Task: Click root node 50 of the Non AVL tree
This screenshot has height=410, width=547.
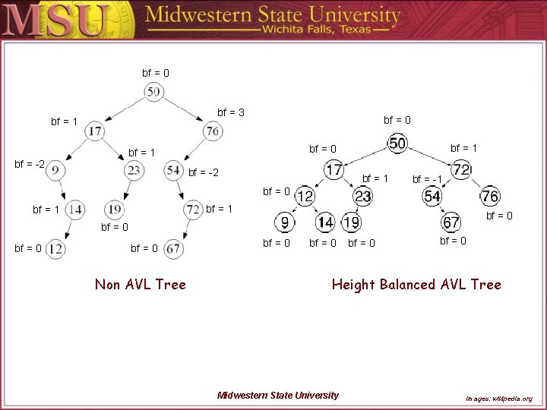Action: click(153, 92)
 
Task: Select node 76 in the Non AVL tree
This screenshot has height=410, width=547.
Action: click(213, 131)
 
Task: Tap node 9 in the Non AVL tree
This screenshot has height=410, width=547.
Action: click(55, 170)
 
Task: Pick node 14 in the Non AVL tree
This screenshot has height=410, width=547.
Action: click(74, 209)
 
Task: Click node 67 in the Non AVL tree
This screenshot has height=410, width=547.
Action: click(173, 248)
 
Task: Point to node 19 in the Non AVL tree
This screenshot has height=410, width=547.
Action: click(115, 209)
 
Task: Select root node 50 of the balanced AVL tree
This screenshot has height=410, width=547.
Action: click(397, 143)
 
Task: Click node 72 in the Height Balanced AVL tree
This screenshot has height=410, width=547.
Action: click(461, 169)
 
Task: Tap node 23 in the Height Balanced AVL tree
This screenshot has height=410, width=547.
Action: click(363, 197)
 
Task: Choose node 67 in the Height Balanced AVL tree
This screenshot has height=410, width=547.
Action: click(451, 222)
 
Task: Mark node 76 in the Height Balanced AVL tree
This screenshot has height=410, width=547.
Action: click(490, 197)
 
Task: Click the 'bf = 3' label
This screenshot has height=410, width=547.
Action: click(231, 113)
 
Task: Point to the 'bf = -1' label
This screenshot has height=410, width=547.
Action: click(427, 180)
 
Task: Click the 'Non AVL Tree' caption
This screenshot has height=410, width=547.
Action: click(141, 285)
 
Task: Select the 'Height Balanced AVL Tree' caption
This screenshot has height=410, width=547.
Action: click(416, 285)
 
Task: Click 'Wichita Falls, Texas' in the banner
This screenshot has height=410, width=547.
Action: click(325, 29)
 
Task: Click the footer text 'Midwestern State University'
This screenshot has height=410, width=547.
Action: click(278, 395)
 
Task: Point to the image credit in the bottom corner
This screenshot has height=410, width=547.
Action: click(498, 398)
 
